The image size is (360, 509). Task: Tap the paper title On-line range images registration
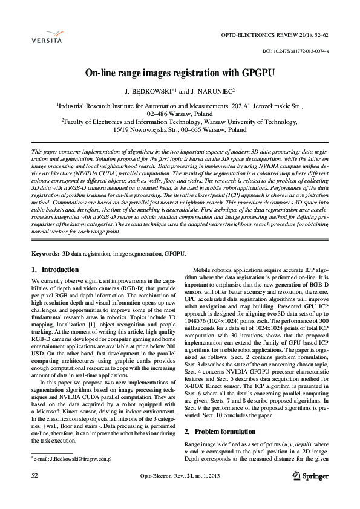point(180,73)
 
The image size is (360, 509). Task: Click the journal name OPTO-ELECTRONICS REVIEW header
point(284,35)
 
